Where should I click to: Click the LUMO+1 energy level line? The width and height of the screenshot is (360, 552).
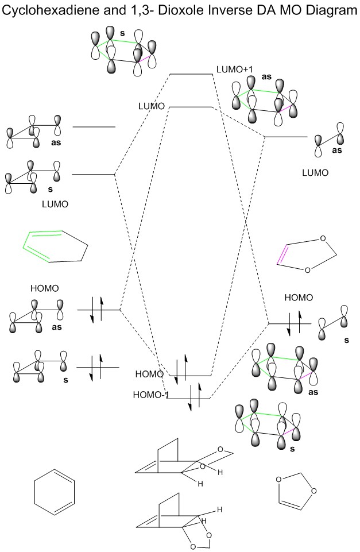(191, 74)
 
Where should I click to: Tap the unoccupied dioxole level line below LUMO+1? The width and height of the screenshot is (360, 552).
(286, 137)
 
